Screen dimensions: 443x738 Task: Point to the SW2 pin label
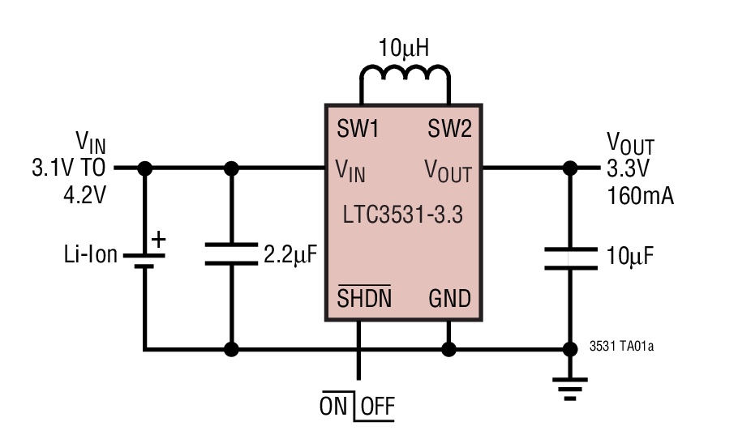coord(449,129)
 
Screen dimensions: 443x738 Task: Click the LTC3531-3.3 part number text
coord(403,216)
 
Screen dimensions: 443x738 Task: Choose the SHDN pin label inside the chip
coord(364,298)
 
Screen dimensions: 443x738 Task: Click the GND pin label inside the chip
coord(449,299)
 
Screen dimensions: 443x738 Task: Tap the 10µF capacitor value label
coord(630,257)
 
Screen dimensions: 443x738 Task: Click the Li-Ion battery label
coord(90,255)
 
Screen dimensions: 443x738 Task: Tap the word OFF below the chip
coord(377,407)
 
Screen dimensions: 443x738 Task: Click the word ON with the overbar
coord(333,407)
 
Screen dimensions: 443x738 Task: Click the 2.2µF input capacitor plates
coord(231,253)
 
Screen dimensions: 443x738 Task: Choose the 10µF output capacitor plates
coord(570,258)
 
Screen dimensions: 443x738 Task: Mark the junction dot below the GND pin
coord(447,350)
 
